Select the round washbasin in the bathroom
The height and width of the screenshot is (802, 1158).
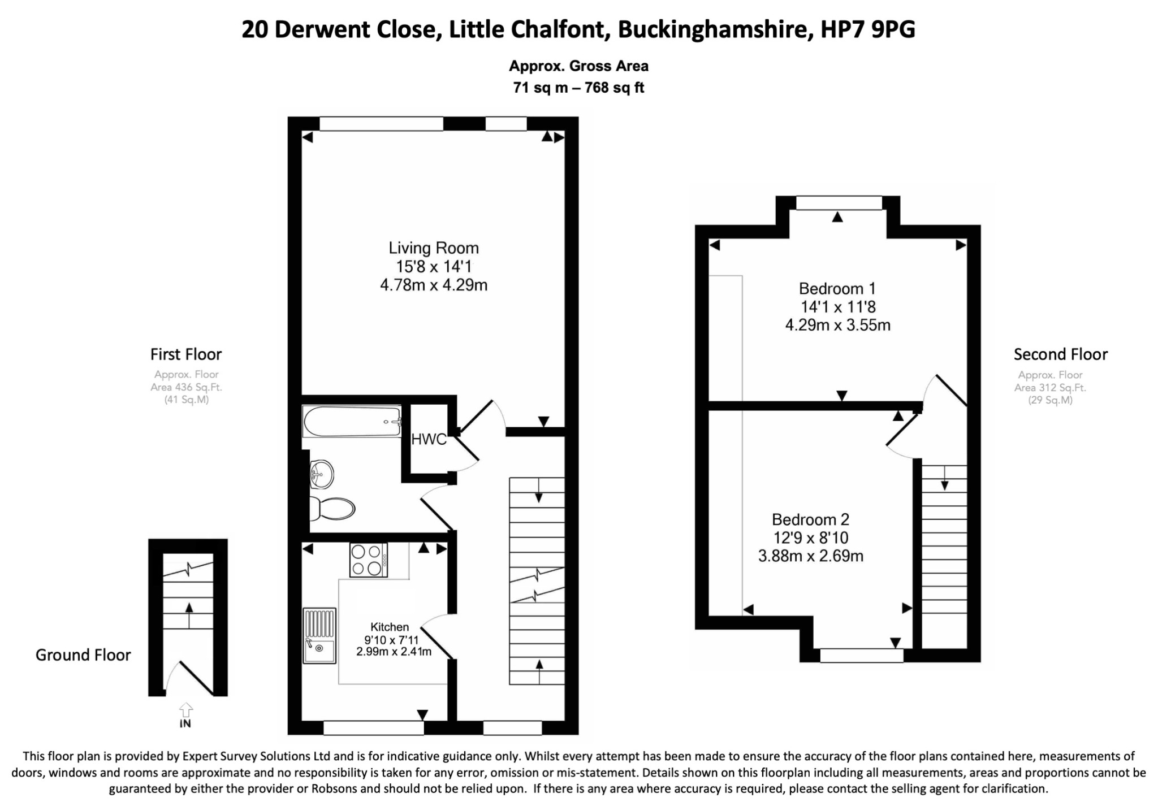tap(322, 474)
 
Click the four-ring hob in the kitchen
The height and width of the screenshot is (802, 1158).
tap(368, 560)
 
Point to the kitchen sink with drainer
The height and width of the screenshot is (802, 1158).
tap(319, 635)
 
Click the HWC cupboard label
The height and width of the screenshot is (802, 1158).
tap(429, 439)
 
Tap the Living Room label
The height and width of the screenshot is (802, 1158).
tap(434, 248)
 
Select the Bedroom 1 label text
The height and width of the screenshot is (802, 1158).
tap(837, 289)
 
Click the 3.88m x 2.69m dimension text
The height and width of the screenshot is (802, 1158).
tap(810, 556)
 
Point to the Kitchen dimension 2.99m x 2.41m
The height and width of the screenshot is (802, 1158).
tap(394, 652)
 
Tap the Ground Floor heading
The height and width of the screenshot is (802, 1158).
tap(83, 655)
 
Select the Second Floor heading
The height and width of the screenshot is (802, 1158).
tap(1060, 354)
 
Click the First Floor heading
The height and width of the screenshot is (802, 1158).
tap(186, 354)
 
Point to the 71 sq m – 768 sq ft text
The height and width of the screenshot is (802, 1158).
tap(578, 88)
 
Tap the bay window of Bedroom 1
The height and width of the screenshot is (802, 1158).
tap(839, 203)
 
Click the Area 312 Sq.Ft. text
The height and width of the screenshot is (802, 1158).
tap(1050, 388)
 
